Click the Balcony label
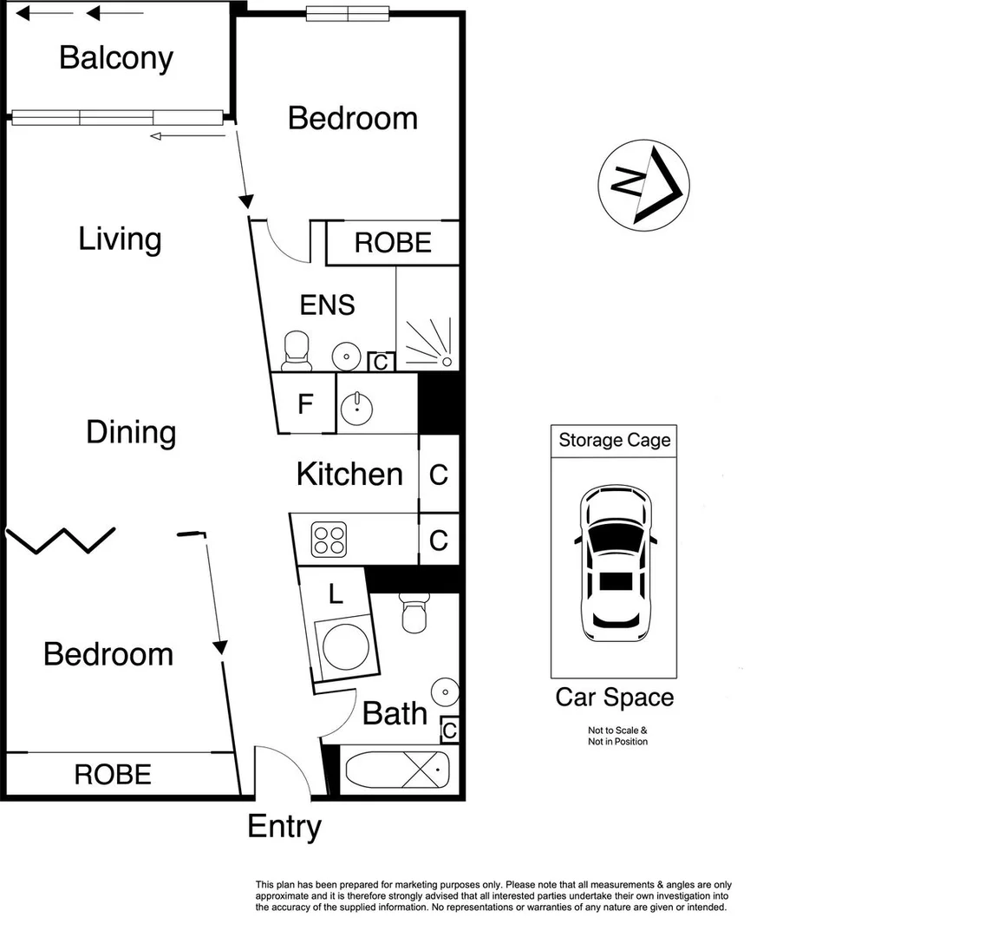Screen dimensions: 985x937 click(x=116, y=58)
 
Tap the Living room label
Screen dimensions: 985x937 click(x=120, y=239)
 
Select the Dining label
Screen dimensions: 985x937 click(x=131, y=433)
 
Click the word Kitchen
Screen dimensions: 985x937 click(x=349, y=474)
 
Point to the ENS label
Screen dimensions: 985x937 click(x=327, y=305)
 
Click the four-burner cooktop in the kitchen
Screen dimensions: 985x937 click(x=329, y=540)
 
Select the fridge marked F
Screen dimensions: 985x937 click(x=305, y=403)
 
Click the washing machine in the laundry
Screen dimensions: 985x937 click(x=345, y=647)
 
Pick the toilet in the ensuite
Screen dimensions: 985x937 click(x=296, y=351)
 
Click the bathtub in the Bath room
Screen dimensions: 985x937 click(x=398, y=770)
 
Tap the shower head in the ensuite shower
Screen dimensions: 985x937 click(x=447, y=361)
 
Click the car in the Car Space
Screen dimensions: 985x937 click(x=616, y=563)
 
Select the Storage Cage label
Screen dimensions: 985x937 click(x=615, y=441)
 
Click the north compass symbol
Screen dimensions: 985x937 click(x=644, y=186)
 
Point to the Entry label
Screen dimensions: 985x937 click(x=284, y=827)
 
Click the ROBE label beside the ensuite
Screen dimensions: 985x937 click(x=394, y=243)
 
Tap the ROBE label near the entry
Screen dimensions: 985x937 click(x=113, y=774)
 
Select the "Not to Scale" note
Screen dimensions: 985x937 click(x=616, y=731)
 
